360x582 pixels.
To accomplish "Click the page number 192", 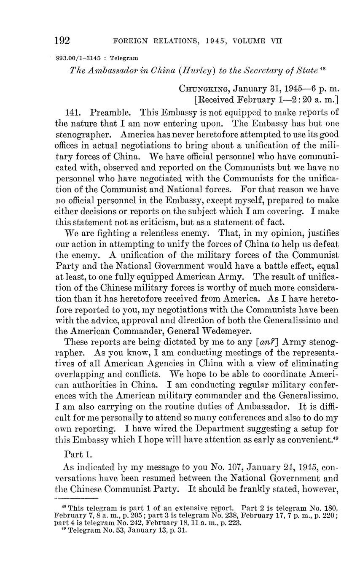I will coord(62,41).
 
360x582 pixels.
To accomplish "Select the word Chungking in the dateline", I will coord(204,89).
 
